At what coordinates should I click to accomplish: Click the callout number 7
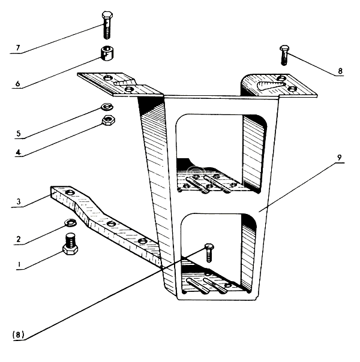(x=17, y=47)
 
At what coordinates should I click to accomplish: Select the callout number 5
(x=17, y=133)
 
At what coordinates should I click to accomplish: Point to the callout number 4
(x=17, y=153)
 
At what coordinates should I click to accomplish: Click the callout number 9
(x=339, y=158)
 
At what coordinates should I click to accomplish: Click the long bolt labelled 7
(x=106, y=25)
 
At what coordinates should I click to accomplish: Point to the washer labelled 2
(x=69, y=224)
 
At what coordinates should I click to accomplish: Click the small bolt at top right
(x=284, y=55)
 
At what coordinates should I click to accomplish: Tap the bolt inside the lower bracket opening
(x=209, y=251)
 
